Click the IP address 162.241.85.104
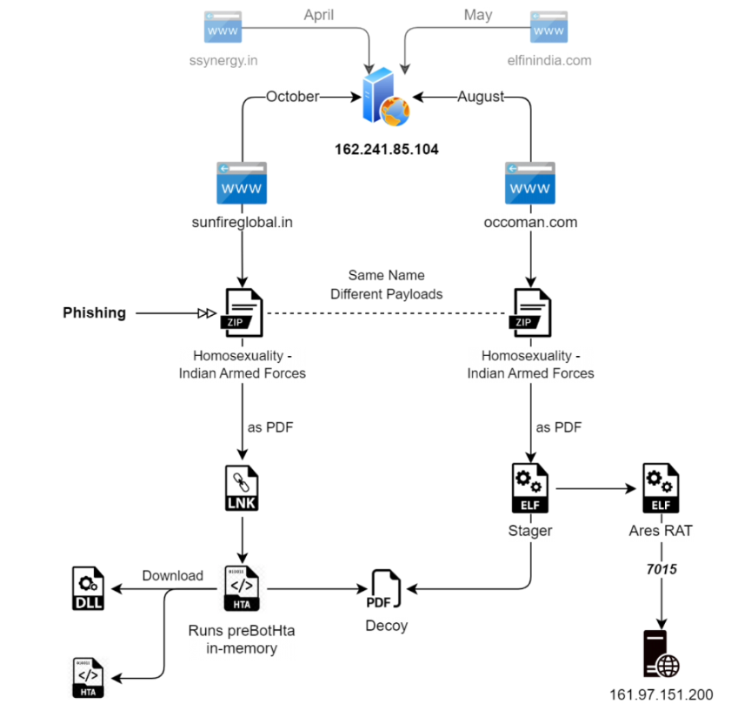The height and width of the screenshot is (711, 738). (386, 150)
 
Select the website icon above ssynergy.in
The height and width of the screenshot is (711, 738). (223, 28)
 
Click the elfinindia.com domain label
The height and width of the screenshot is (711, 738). (549, 61)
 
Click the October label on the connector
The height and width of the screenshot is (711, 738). (292, 97)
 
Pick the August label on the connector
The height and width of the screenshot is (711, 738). (481, 97)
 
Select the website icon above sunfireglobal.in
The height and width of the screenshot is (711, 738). (242, 183)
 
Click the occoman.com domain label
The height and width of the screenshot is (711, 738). (530, 222)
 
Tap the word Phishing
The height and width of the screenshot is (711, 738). (95, 312)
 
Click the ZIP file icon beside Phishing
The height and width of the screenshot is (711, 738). (243, 312)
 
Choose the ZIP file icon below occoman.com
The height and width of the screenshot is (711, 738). (531, 312)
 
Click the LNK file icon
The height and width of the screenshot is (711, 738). (243, 490)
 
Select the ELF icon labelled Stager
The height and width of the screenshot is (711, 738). (530, 489)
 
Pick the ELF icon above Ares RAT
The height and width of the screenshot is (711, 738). (661, 489)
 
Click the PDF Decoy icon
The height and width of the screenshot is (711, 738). (386, 589)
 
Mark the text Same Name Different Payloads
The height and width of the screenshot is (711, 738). (386, 285)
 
